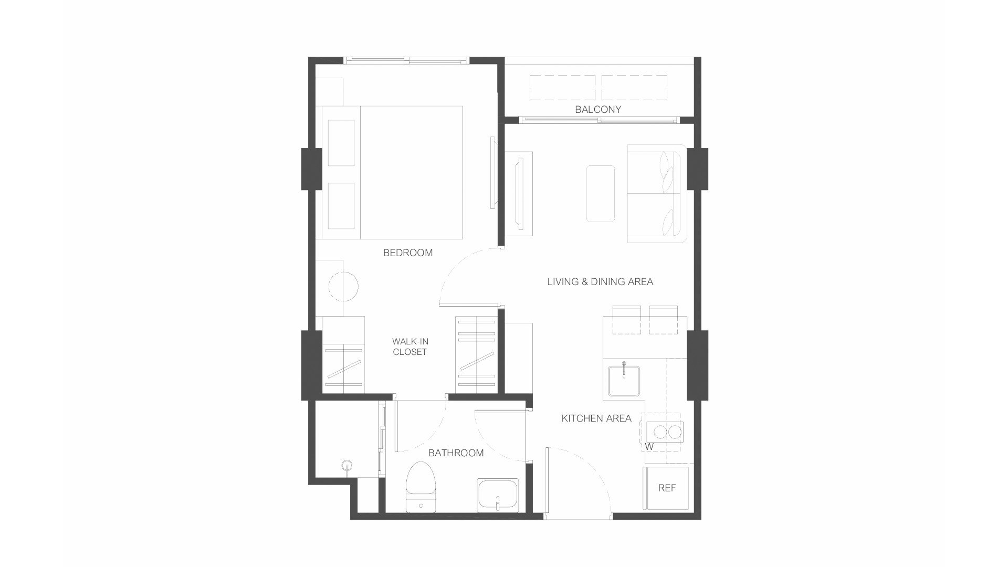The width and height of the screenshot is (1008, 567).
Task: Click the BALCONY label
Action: pos(597,110)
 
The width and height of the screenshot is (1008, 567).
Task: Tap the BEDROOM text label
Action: pos(408,253)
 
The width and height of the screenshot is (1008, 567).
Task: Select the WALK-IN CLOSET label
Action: pos(409,347)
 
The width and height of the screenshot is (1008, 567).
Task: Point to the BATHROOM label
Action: pos(456,453)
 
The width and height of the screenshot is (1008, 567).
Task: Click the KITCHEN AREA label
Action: pos(596,418)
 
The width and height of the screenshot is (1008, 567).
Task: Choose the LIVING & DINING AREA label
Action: pos(600,282)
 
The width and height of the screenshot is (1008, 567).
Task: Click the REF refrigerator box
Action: pos(667,488)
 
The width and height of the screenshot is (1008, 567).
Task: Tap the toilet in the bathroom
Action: pos(421,486)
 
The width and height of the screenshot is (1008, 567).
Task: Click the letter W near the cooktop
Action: pos(649,447)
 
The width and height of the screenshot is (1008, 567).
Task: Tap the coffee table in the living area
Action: pos(601,194)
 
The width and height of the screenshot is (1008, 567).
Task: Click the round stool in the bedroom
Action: pos(343,287)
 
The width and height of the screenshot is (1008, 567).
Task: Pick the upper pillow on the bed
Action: pos(341,143)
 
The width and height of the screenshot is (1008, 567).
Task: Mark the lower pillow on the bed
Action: pos(341,206)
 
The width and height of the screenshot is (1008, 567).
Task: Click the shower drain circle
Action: pos(346,464)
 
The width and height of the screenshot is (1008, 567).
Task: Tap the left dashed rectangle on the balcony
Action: pos(562,87)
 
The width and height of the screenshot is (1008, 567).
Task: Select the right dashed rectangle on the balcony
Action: pos(634,87)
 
